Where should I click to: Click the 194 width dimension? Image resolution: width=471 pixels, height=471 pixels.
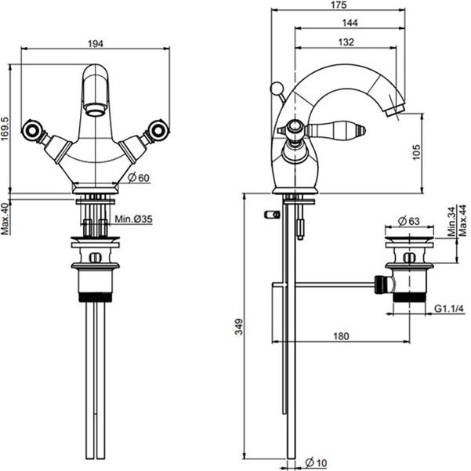(96, 44)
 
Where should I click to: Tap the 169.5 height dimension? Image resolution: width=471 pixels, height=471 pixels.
(5, 129)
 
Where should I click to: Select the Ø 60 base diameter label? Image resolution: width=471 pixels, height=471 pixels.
(139, 178)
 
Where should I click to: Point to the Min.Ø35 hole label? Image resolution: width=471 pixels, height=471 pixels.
(133, 219)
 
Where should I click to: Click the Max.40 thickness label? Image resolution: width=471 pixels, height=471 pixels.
(5, 219)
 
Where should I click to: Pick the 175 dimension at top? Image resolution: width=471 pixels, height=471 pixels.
(339, 5)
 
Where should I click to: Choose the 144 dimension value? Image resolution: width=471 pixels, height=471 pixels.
(350, 23)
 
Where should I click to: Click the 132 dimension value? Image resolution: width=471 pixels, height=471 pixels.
(346, 42)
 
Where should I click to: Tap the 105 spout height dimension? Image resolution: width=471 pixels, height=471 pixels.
(416, 152)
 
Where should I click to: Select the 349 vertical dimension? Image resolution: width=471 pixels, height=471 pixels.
(239, 327)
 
